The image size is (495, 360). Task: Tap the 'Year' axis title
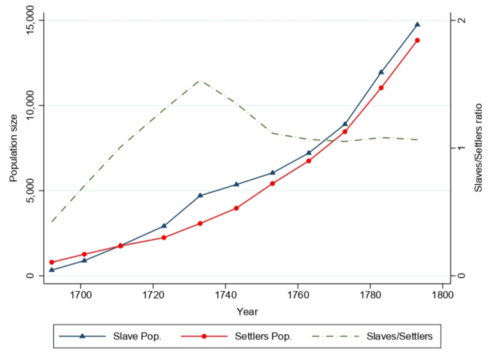[247, 312]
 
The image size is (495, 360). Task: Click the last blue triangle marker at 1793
[417, 24]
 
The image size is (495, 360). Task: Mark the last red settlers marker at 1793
[417, 40]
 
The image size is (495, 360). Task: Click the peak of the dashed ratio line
[200, 81]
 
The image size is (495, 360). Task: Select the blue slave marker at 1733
[200, 195]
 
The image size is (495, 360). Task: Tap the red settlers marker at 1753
[273, 184]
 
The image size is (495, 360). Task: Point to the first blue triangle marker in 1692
[52, 270]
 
